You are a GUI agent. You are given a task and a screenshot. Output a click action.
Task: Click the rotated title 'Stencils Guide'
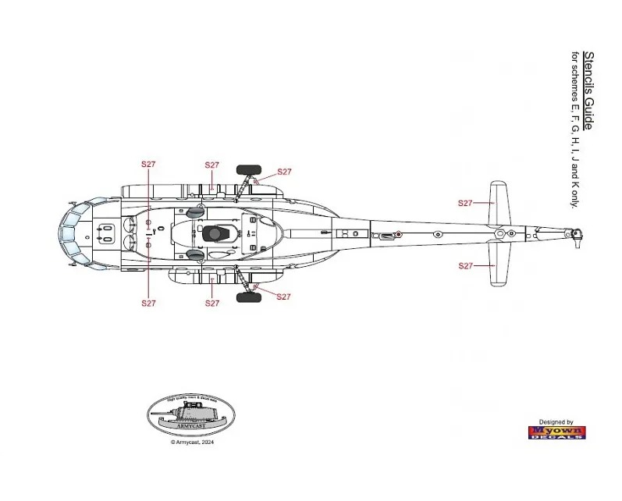[x=588, y=91]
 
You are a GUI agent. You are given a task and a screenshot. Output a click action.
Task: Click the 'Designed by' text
[x=557, y=422]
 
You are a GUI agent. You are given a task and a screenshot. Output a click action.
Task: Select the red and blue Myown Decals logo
[x=557, y=432]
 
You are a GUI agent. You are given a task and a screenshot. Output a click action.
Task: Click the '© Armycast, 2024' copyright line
[x=192, y=442]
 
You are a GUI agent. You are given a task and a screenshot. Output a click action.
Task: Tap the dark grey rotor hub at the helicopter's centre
[x=214, y=233]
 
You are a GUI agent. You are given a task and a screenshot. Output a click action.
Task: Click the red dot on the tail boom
[x=398, y=234]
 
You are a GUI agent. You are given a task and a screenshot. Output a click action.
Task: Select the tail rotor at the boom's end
[x=576, y=235]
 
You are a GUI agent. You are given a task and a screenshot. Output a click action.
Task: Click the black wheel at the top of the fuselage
[x=249, y=168]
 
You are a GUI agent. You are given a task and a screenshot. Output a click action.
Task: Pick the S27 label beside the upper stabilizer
[x=465, y=203]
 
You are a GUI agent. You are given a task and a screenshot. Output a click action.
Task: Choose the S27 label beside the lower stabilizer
[x=465, y=266]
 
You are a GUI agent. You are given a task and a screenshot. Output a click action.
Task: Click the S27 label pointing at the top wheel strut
[x=284, y=172]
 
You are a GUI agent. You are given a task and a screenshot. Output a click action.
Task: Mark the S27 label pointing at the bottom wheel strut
[x=283, y=297]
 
